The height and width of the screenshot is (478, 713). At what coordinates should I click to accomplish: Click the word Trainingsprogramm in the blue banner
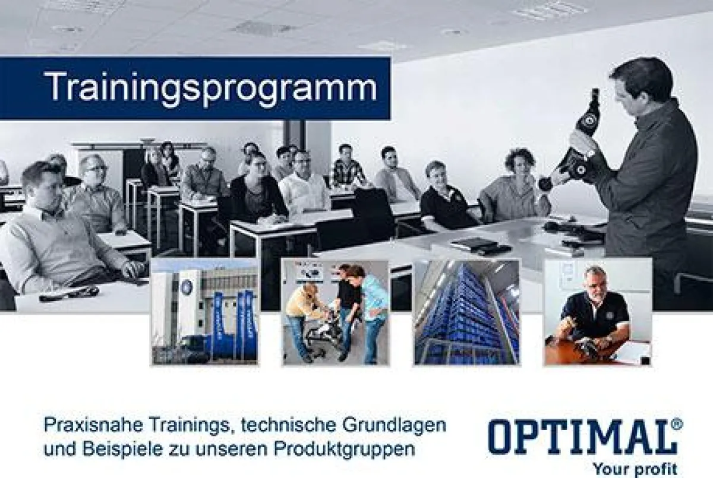[x=211, y=87]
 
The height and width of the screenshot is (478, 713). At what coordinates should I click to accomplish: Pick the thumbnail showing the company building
[x=205, y=311]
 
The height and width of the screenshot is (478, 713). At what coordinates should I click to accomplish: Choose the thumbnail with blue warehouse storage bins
[x=466, y=311]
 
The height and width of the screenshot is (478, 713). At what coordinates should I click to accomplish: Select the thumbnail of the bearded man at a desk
[x=597, y=311]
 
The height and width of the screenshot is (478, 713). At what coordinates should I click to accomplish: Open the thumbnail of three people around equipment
[x=336, y=311]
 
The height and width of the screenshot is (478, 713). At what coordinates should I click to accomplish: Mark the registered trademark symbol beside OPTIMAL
[x=678, y=424]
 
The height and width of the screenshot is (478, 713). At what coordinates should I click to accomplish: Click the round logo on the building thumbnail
[x=187, y=287]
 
